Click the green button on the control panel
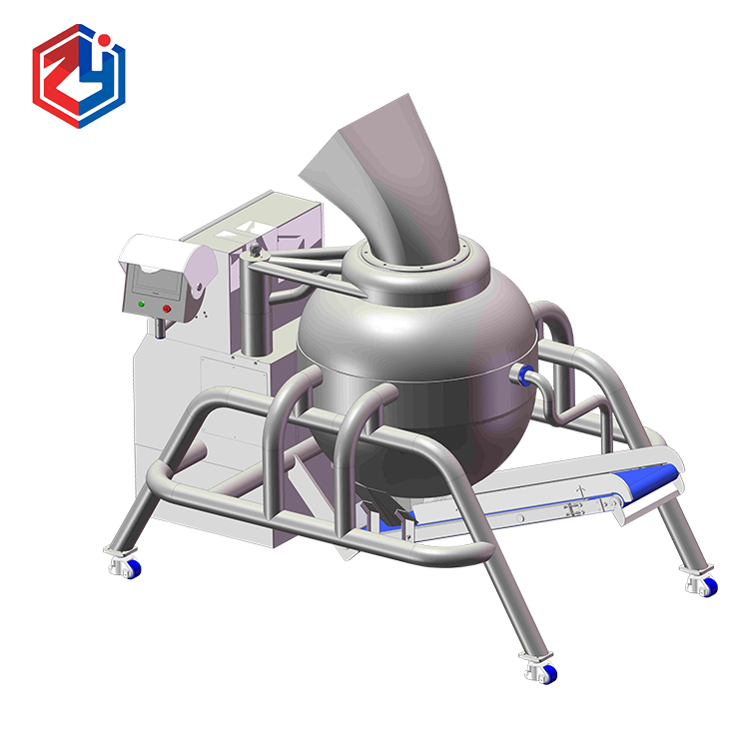pyautogui.click(x=141, y=304)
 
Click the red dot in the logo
pyautogui.click(x=105, y=39)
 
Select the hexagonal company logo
pyautogui.click(x=79, y=76)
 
